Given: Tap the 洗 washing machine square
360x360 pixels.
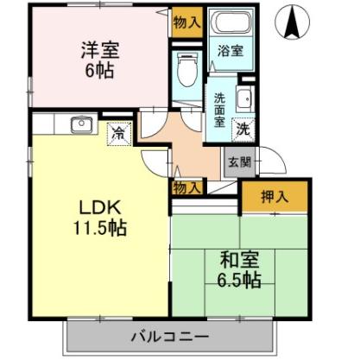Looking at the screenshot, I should [243, 130].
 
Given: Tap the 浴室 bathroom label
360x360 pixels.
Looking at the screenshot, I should [230, 51].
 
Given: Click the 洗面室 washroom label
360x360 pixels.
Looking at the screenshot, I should [219, 111].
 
